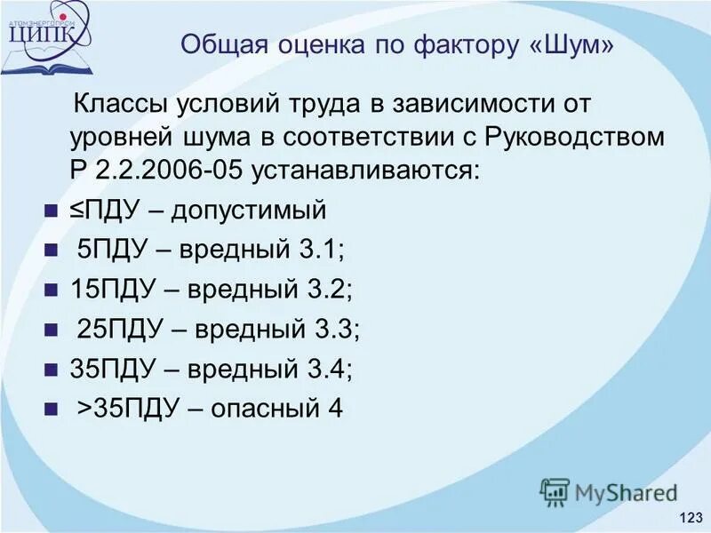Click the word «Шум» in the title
click(x=565, y=45)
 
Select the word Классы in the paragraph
click(x=120, y=104)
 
